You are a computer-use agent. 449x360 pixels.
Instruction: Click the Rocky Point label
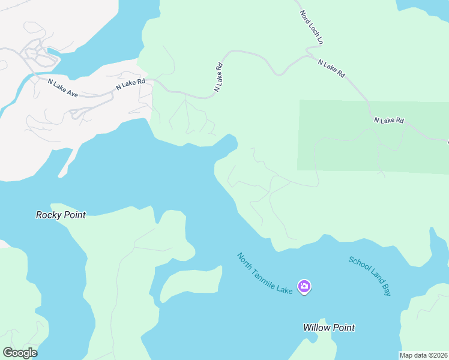(61, 215)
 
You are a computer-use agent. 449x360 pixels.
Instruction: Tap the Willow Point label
(328, 328)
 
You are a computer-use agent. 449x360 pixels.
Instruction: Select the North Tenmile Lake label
(265, 274)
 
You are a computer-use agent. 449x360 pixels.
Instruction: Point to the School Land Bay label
(370, 276)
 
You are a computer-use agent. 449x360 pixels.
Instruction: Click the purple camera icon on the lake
(304, 286)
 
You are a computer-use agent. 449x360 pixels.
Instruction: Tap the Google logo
(20, 353)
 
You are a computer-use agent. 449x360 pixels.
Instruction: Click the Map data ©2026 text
(424, 355)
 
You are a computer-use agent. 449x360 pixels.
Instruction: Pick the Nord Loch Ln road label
(312, 27)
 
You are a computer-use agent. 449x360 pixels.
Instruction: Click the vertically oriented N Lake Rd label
(219, 77)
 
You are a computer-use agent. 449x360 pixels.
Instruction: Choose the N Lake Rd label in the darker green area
(389, 120)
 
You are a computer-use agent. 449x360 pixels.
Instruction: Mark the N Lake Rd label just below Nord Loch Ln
(331, 68)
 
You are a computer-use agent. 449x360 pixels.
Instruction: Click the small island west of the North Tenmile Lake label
(189, 283)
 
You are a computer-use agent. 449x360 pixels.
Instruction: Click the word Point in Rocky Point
(74, 215)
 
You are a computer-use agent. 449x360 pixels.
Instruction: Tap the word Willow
(316, 328)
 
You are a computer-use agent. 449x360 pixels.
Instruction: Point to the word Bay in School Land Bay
(385, 289)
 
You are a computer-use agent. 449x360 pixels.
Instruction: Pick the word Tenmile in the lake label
(264, 273)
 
